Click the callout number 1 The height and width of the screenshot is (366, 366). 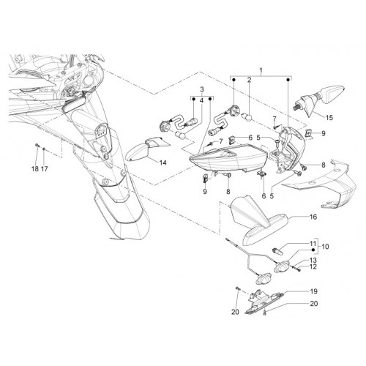(x=261, y=71)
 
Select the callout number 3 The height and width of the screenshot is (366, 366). (x=202, y=89)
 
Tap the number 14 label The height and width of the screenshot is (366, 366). (x=163, y=163)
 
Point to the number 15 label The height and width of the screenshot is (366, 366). (x=329, y=118)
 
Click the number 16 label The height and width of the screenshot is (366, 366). (x=313, y=217)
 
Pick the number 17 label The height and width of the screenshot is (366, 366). (x=45, y=168)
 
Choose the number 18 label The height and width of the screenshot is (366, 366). (x=35, y=168)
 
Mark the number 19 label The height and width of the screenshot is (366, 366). (x=314, y=291)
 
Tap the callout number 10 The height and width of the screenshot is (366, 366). (x=325, y=247)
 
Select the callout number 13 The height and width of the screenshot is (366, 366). (x=313, y=260)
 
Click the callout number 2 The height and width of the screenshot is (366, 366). (x=249, y=80)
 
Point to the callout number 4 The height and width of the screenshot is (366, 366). (x=201, y=100)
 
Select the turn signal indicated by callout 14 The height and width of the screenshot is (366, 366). (x=144, y=149)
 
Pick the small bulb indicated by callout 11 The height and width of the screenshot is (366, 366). (x=277, y=251)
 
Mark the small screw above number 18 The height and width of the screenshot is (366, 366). (x=37, y=145)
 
